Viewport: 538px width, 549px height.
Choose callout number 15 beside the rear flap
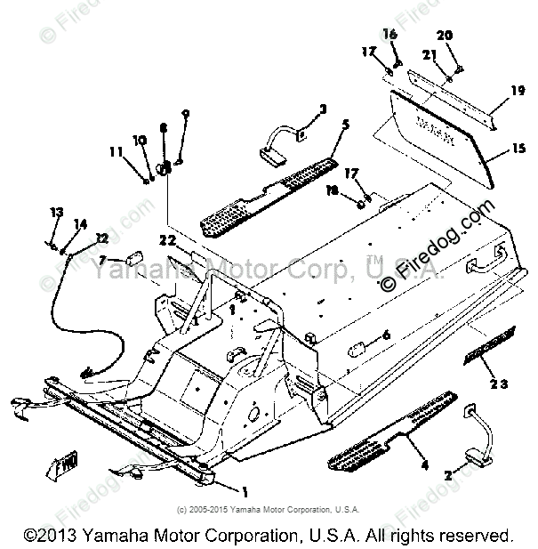(518, 152)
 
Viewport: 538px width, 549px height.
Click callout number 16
(389, 33)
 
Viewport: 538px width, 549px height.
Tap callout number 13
(57, 212)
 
